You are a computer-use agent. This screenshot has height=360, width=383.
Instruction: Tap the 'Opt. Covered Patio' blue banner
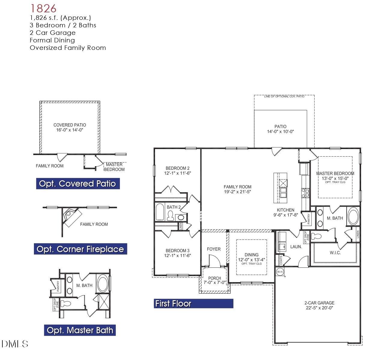tap(78, 184)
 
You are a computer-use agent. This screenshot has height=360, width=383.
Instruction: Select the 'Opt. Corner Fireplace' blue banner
tap(80, 249)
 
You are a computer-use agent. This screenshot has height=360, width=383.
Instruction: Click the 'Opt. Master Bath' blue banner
tap(80, 330)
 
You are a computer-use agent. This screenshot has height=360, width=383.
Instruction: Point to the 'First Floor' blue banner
tap(193, 304)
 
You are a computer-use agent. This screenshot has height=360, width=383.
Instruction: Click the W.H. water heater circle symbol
tap(280, 272)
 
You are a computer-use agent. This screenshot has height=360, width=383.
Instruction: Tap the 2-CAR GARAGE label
tap(319, 305)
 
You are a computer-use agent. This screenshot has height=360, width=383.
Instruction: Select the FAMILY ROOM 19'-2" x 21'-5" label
tap(237, 189)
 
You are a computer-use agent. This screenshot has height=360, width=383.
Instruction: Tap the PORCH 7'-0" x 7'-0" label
tap(214, 280)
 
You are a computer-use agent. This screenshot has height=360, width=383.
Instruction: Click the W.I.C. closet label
tap(335, 253)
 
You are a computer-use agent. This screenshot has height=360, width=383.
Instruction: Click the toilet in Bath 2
tap(170, 216)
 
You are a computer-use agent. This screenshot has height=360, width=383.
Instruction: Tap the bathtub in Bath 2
tap(160, 212)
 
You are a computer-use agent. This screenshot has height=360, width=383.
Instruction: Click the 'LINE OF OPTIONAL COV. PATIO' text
tap(284, 96)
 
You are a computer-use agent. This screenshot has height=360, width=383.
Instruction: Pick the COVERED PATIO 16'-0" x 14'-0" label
tap(70, 127)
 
